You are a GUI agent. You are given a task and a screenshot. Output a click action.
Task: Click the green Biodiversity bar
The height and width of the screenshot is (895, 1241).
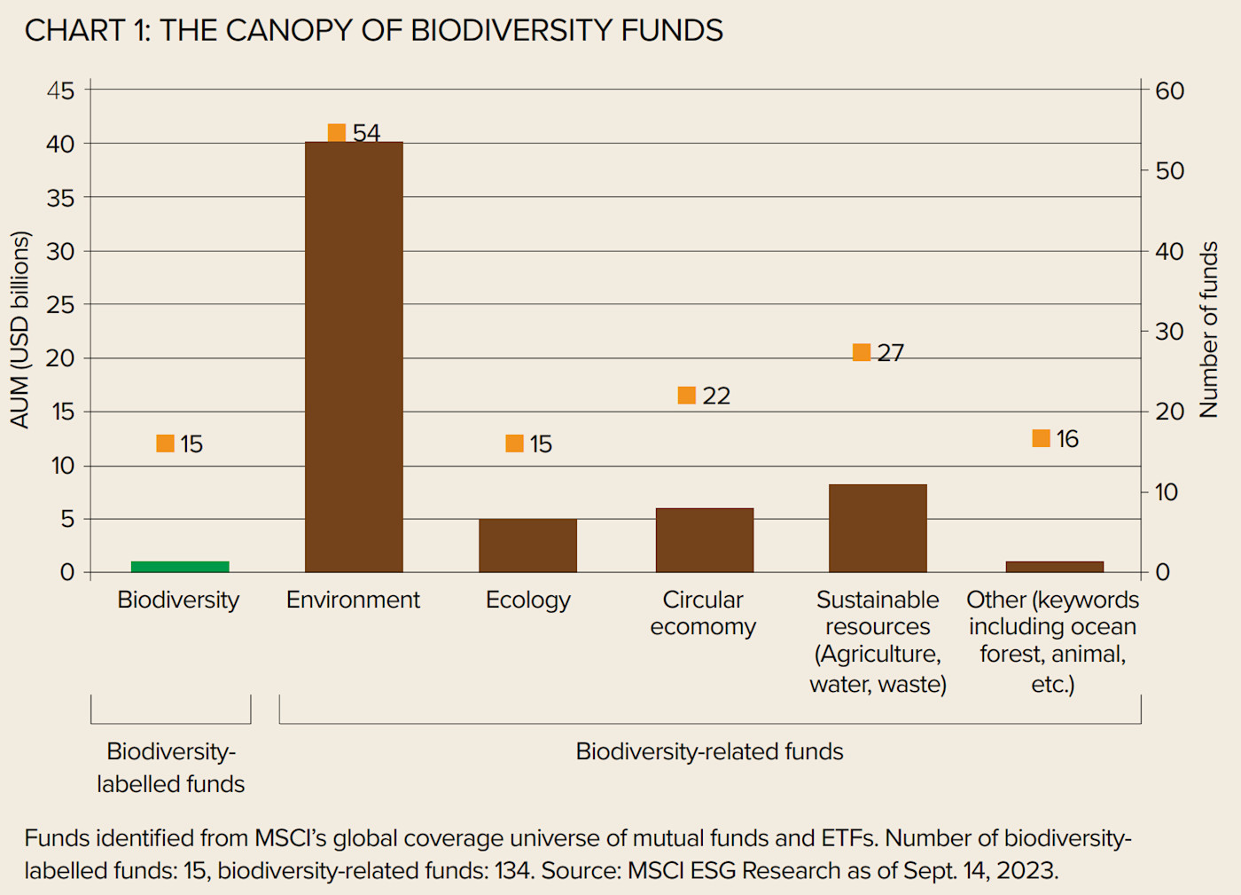[180, 567]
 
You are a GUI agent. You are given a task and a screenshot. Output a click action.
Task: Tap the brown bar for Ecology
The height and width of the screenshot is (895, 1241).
[527, 546]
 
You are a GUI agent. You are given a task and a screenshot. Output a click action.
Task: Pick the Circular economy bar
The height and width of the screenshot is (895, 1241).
[704, 540]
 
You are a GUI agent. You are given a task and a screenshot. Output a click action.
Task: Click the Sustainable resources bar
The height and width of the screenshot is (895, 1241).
[878, 528]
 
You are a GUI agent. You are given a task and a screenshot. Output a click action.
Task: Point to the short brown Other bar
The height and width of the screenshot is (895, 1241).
[1054, 567]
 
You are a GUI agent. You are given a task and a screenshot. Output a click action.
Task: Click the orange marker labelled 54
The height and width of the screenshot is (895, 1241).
[337, 133]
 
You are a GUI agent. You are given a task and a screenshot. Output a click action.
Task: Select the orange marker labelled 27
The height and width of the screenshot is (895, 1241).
[862, 352]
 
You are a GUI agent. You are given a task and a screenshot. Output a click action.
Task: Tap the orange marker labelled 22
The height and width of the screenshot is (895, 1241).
[686, 396]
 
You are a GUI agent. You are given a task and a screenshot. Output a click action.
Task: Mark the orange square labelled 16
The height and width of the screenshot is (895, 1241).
[1042, 438]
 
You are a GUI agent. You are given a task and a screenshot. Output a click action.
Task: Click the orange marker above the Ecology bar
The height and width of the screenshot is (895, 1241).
[514, 444]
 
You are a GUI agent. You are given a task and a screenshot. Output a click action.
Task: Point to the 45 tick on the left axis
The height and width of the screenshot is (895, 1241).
[60, 90]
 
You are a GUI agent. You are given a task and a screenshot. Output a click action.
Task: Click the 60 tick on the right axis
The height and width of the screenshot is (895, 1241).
[1169, 90]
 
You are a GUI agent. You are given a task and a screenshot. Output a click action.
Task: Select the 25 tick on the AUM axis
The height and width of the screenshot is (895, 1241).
[60, 304]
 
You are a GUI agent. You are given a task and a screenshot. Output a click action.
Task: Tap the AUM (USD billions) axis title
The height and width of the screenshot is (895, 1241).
[20, 330]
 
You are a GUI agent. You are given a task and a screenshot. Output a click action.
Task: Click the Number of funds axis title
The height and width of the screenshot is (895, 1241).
[1208, 330]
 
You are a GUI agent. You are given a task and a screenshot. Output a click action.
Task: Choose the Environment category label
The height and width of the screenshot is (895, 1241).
[353, 600]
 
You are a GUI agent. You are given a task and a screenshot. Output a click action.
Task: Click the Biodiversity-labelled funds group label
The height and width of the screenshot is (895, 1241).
[171, 767]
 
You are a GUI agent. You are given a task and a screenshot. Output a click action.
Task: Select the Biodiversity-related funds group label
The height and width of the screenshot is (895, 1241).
[709, 751]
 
